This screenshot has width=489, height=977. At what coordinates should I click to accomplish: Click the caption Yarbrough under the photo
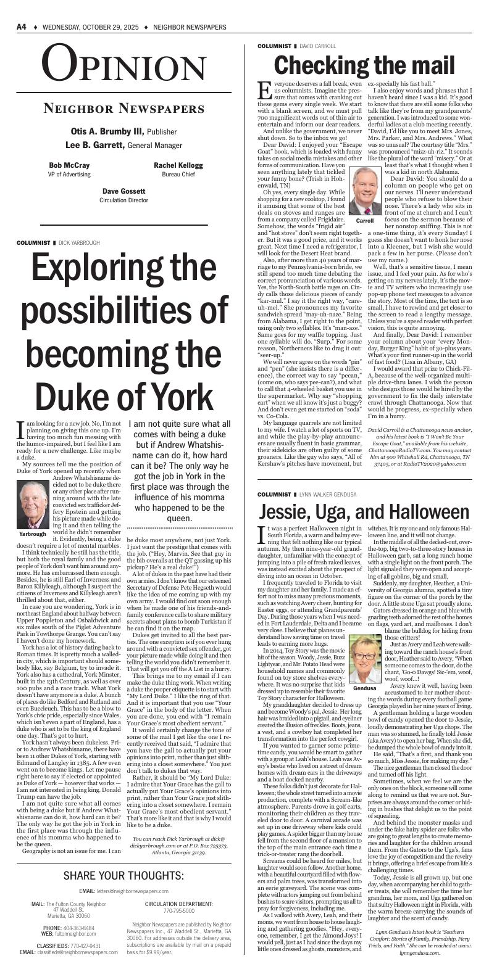[33, 534]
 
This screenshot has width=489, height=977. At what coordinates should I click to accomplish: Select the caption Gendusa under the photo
[365, 687]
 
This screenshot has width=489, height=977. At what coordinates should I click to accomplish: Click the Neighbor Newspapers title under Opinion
[123, 109]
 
